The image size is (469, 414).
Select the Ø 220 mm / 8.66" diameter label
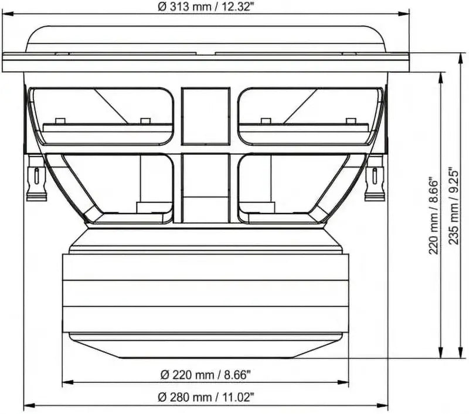(205, 375)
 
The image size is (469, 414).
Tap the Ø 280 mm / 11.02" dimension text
(206, 398)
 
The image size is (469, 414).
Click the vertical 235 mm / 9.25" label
(454, 207)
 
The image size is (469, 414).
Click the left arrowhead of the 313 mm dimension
(8, 13)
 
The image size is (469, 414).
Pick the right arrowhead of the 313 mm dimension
(403, 13)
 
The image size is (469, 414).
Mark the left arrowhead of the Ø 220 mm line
(67, 382)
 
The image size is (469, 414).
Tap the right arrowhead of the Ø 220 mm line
(343, 382)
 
